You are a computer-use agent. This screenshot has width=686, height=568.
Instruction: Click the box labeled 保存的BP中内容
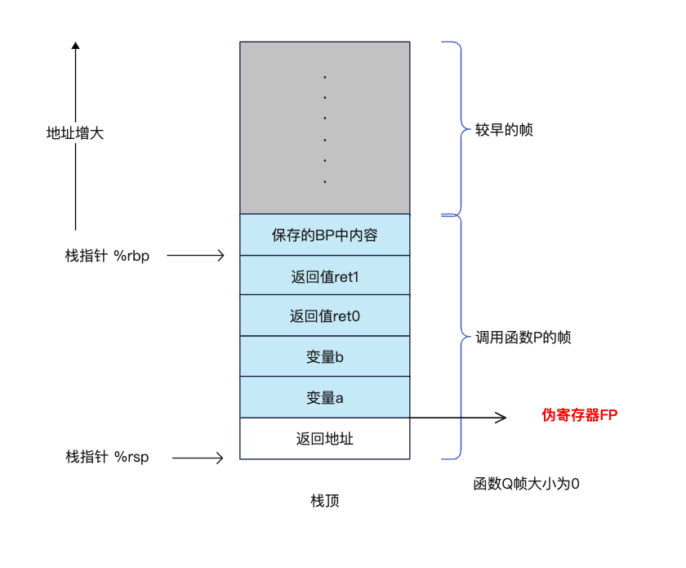[x=324, y=235]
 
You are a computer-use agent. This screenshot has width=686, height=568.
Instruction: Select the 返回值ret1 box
[x=324, y=276]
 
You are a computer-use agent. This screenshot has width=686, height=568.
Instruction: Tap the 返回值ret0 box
[x=324, y=315]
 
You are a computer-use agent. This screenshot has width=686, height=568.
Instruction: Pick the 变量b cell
[x=324, y=356]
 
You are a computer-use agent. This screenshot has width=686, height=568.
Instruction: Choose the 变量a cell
[x=324, y=397]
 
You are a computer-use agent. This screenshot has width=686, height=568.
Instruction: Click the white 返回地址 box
[x=324, y=439]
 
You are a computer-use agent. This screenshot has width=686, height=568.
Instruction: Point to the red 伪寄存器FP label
[x=580, y=415]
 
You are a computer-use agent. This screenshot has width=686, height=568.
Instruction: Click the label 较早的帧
[x=504, y=130]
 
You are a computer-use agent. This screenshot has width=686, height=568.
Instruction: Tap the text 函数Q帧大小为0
[x=526, y=483]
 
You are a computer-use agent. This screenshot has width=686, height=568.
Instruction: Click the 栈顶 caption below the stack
[x=324, y=501]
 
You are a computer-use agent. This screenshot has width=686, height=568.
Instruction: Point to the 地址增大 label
[x=75, y=133]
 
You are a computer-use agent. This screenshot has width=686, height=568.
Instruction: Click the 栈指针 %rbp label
[x=107, y=256]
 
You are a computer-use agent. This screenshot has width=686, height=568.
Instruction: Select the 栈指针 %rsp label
[x=107, y=457]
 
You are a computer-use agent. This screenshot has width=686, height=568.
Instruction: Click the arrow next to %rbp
[x=195, y=256]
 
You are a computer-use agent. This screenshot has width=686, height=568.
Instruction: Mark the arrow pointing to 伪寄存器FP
[x=457, y=418]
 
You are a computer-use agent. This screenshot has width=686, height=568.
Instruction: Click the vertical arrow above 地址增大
[x=76, y=82]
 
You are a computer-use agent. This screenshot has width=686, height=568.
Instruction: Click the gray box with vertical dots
[x=324, y=127]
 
